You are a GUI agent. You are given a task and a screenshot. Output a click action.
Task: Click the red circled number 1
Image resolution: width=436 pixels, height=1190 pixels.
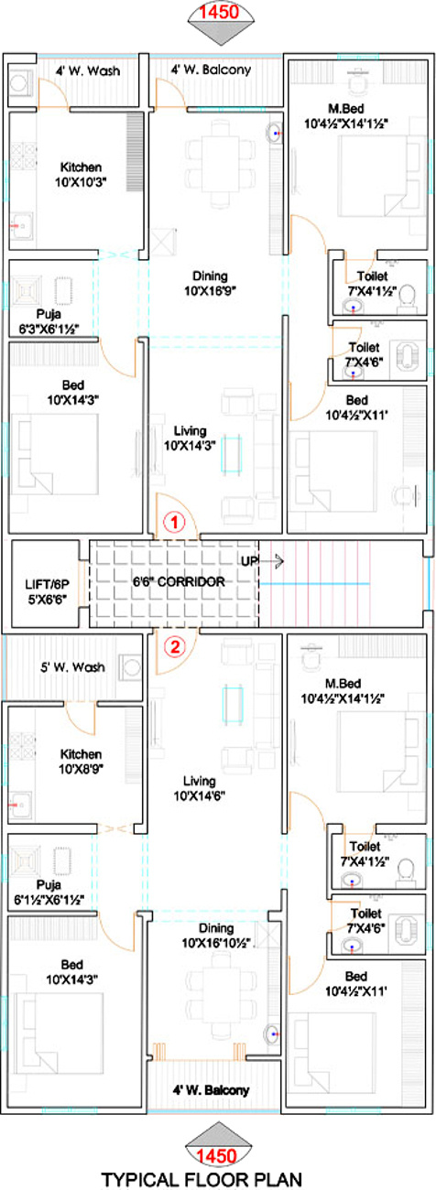174,522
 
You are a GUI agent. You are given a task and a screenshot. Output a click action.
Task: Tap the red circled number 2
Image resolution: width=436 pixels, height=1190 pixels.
174,647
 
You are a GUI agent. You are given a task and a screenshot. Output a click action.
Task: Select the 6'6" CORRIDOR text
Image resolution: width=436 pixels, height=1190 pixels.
179,581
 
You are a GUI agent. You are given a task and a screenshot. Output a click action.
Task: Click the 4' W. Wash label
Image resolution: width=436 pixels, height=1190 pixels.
88,70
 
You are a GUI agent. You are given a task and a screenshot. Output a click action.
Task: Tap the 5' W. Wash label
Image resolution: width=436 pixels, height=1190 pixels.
73,667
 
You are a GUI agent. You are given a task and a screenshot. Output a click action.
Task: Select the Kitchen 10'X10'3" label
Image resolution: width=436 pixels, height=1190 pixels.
81,174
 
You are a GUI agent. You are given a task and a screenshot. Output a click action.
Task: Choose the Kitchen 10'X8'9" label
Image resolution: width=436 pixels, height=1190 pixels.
81,762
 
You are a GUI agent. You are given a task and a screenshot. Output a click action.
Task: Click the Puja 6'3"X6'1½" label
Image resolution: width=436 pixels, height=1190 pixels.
49,321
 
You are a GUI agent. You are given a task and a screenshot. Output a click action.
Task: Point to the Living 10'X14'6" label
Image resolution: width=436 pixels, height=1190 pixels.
200,788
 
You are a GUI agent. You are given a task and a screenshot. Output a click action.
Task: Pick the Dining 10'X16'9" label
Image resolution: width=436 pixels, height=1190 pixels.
210,283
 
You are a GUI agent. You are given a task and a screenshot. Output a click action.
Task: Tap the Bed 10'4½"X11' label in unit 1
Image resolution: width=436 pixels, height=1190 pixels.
356,407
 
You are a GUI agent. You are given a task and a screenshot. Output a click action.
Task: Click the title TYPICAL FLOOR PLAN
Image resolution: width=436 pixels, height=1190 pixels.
202,1180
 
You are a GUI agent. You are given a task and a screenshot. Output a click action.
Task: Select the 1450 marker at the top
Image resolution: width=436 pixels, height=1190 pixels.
220,12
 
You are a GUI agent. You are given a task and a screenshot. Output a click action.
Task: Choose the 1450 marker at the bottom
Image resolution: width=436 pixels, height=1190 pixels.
218,1156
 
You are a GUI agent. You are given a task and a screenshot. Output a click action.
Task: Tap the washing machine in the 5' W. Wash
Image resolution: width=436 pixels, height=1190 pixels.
130,667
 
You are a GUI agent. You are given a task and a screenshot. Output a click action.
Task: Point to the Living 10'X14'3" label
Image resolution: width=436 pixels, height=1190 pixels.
190,438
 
